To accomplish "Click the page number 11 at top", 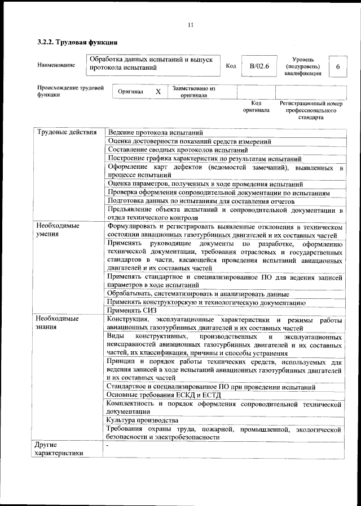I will click(190, 24).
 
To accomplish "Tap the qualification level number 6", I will click(337, 66).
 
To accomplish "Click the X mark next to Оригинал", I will click(159, 91).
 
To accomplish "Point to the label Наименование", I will click(56, 66).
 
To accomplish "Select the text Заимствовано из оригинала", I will click(193, 92).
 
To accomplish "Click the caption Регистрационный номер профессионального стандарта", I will click(311, 111).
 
